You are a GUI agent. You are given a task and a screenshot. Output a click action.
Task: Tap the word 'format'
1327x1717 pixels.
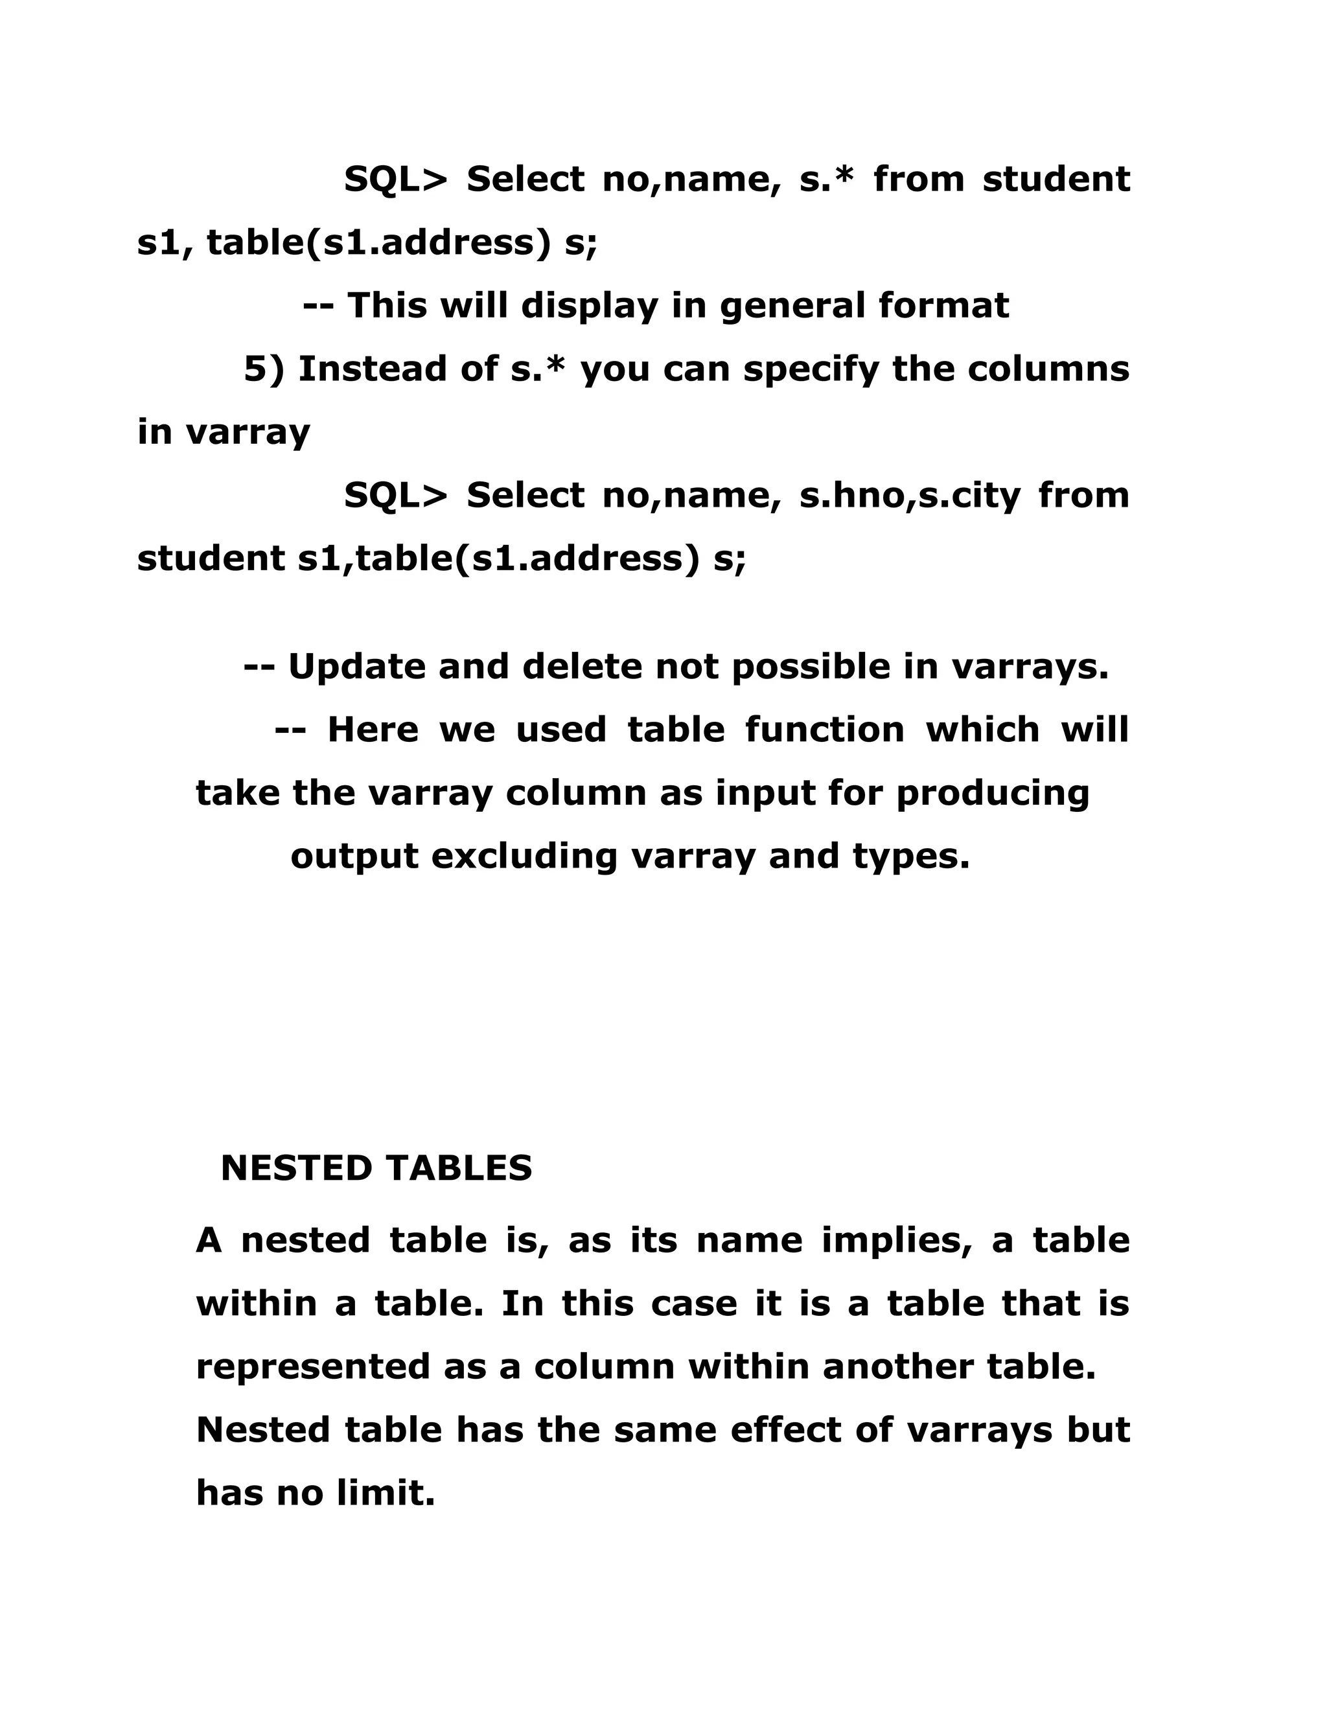point(943,306)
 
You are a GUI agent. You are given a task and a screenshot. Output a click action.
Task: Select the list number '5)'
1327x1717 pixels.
point(264,369)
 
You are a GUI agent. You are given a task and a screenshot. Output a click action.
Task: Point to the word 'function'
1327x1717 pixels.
point(825,730)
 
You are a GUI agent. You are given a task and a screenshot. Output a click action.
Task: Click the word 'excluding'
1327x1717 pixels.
point(524,856)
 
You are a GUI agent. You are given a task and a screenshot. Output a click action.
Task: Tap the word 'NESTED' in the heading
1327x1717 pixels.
point(295,1168)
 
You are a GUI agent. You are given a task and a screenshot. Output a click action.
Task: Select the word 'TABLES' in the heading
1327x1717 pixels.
point(458,1168)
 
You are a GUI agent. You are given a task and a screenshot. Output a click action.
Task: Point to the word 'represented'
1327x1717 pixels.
point(313,1367)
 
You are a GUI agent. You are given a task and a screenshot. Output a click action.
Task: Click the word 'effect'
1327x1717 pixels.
point(786,1430)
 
